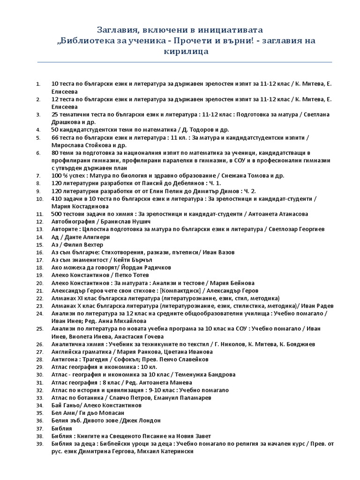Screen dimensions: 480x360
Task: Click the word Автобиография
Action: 73,221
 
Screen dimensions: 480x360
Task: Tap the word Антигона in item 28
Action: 65,360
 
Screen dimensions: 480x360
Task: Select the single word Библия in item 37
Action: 61,428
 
